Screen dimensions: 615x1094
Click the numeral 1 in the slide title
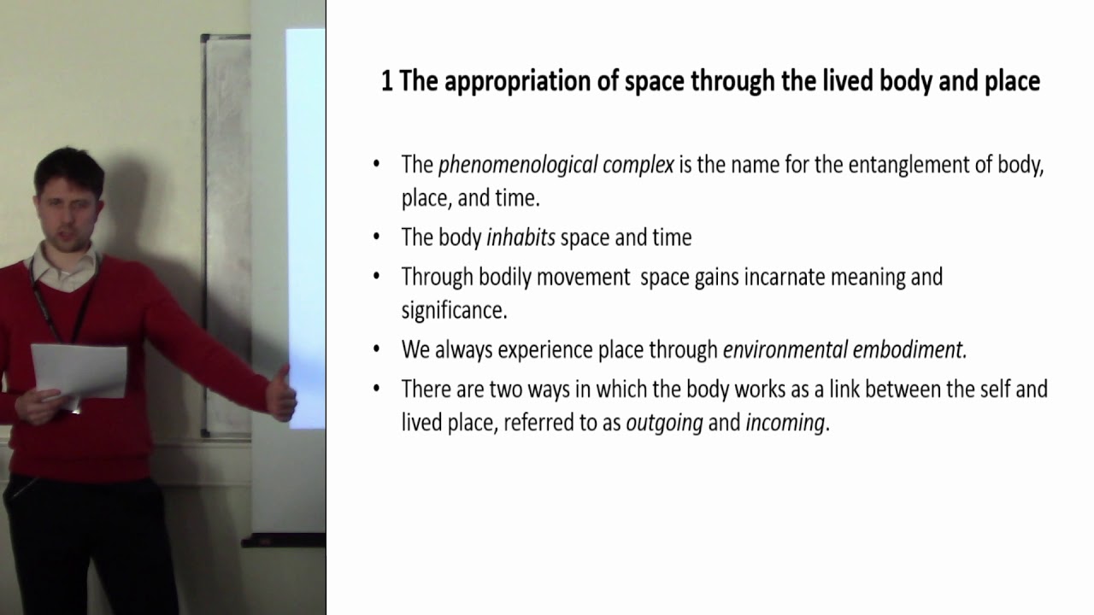(386, 81)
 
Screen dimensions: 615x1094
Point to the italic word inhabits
(521, 237)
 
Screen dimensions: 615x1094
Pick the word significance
(454, 310)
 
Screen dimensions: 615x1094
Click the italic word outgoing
(664, 423)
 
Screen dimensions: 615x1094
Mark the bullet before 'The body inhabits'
(377, 237)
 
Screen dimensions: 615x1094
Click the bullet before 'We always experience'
(377, 348)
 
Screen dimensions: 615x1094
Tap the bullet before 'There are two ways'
(377, 389)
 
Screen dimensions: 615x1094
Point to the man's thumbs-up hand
(280, 394)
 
